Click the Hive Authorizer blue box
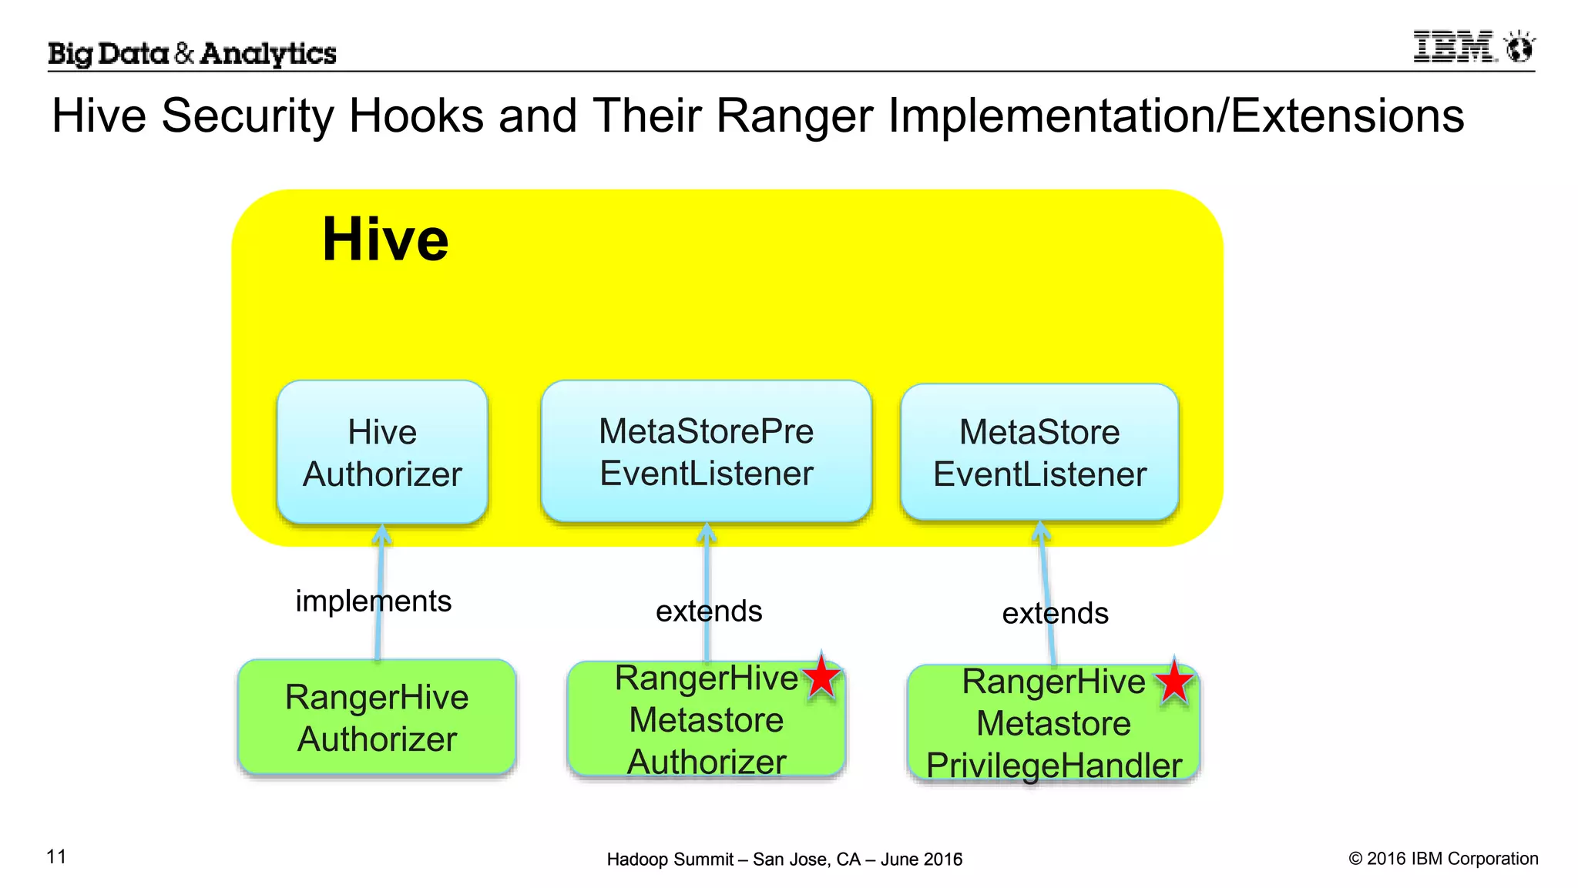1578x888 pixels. coord(382,452)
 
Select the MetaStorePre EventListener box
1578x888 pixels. coord(706,452)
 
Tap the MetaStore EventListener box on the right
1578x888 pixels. coord(1039,452)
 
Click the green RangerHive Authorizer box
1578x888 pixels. coord(376,717)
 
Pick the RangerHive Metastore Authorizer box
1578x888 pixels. coord(706,720)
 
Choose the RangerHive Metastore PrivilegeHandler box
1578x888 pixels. coord(1053,724)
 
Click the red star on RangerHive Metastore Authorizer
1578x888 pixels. coord(821,677)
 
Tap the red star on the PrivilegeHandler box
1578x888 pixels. coord(1173,682)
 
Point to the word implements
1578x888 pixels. coord(373,601)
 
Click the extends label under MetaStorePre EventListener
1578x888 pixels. coord(709,611)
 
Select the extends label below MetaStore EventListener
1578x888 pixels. coord(1055,613)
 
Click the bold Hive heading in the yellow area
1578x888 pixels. coord(384,240)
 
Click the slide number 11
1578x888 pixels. coord(56,856)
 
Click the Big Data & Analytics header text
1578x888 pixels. coord(192,53)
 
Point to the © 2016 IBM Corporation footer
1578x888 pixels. coord(1443,858)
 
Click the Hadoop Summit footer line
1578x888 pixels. coord(784,859)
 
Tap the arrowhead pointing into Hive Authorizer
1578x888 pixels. coord(381,533)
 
